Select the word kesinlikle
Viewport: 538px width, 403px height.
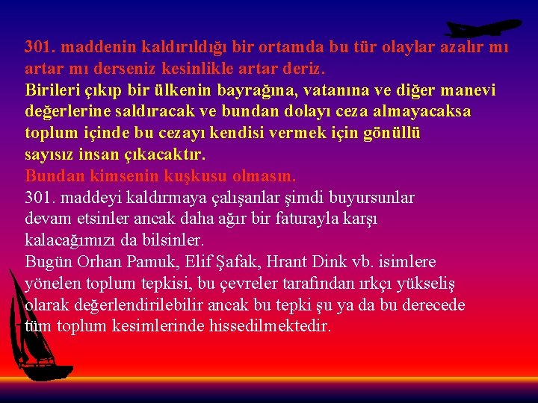pos(204,69)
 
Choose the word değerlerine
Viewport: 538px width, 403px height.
pos(67,112)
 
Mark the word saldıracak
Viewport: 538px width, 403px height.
pos(148,112)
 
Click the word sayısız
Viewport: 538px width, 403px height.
pos(50,155)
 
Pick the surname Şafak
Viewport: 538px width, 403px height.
pos(237,263)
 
